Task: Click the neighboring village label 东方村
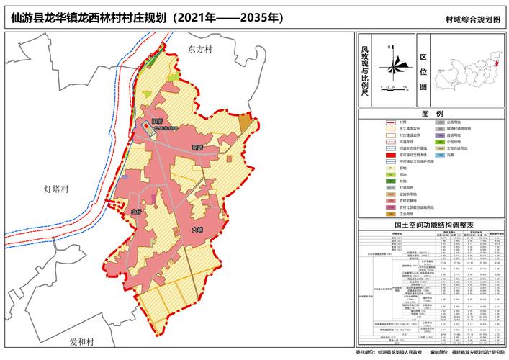coord(200,50)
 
